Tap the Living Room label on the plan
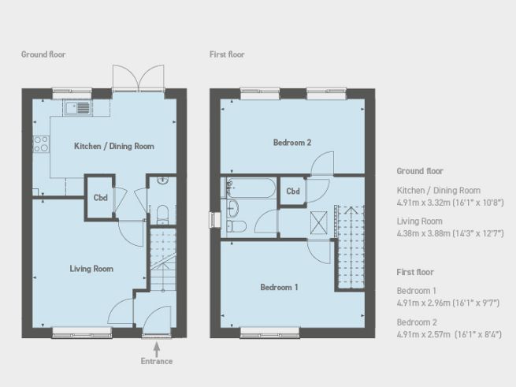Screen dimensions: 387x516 click(x=91, y=269)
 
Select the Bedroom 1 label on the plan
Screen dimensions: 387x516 click(x=279, y=288)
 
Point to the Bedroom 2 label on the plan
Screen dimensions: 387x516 click(x=292, y=143)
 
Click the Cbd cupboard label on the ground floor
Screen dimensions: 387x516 click(x=101, y=199)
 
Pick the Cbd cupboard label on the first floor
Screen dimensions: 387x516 click(x=293, y=192)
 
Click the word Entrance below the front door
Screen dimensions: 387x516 click(x=156, y=361)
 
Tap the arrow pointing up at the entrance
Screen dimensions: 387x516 click(x=156, y=346)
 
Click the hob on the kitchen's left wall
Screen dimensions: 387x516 click(x=40, y=144)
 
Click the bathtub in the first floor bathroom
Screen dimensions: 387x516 click(x=249, y=189)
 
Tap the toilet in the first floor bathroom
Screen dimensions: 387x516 click(x=239, y=226)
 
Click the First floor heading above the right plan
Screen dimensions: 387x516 click(x=227, y=54)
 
